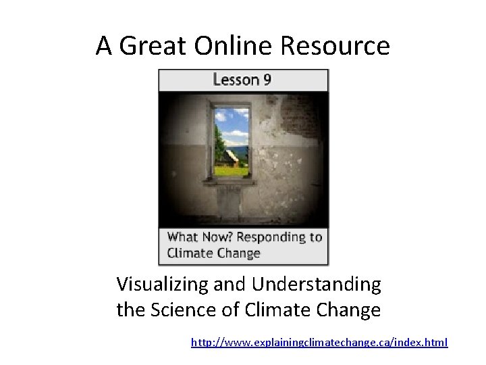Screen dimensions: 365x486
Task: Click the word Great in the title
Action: tap(153, 47)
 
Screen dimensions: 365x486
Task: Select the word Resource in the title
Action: tap(335, 47)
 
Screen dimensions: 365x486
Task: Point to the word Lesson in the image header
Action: tap(236, 80)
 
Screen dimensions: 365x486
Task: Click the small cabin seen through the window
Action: tap(230, 158)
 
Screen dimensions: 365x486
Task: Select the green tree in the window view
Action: tap(219, 142)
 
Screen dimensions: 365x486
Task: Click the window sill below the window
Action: tap(230, 182)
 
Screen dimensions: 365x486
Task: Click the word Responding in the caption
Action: tap(270, 237)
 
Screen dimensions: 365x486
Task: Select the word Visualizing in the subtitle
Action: tap(163, 285)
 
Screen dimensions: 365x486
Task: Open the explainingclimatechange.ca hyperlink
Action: tap(319, 343)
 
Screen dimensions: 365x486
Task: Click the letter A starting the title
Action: tap(104, 47)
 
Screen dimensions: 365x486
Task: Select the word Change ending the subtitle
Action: tap(351, 310)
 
